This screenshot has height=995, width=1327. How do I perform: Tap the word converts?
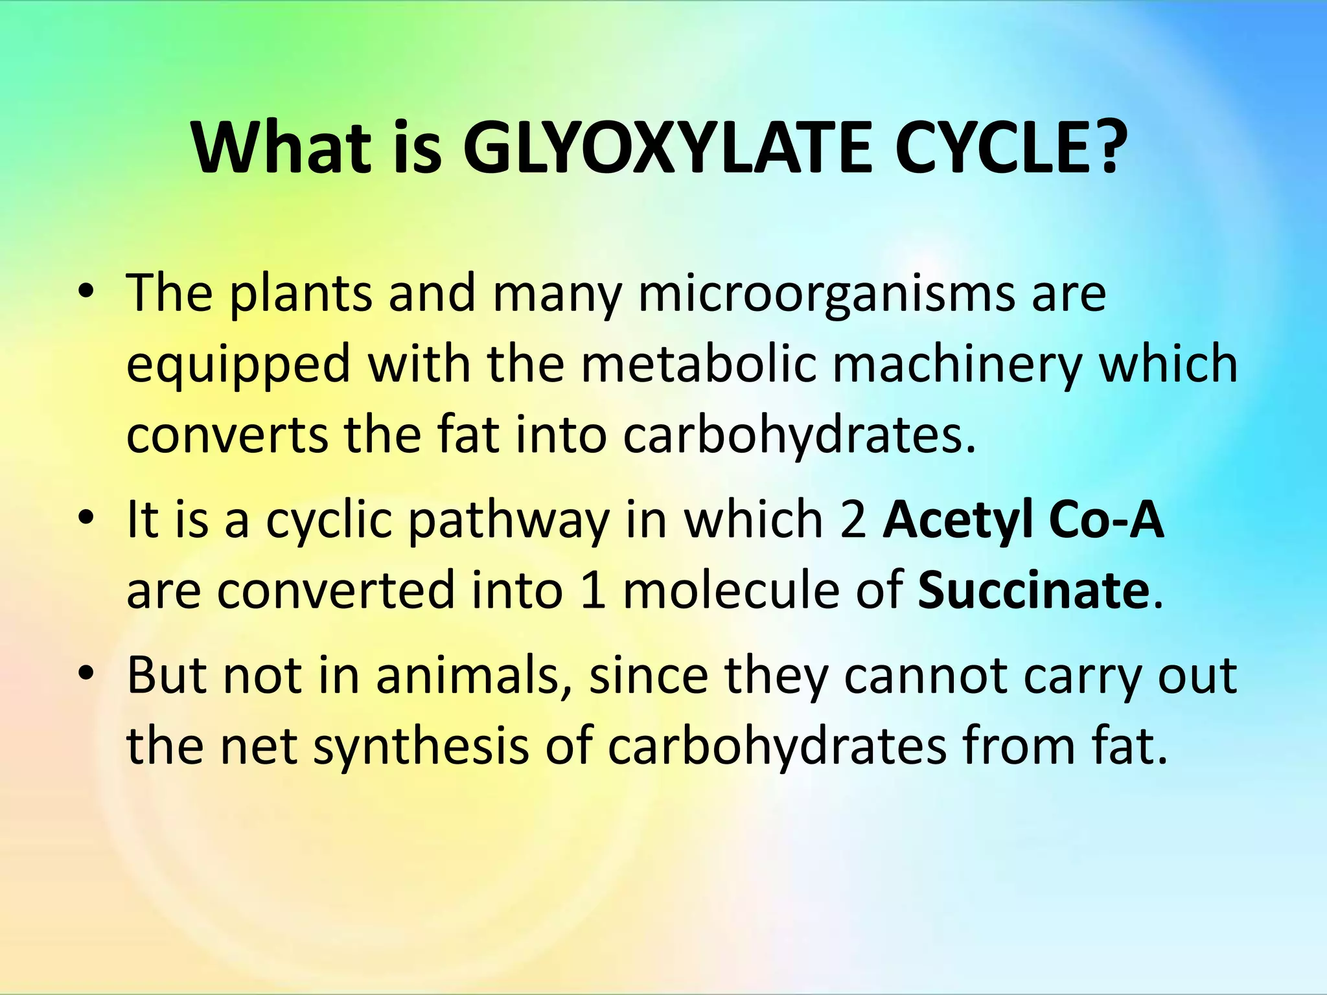point(227,435)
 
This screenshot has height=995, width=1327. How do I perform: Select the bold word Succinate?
point(1033,591)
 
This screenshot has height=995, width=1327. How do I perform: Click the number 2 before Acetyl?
point(853,520)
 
